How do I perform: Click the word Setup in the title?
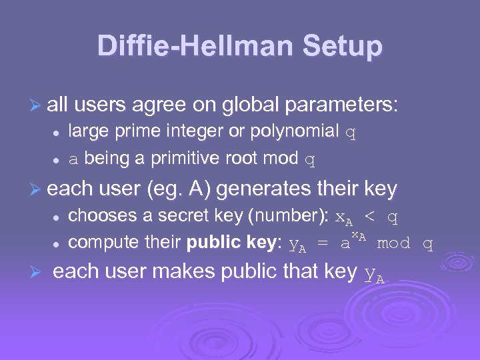click(343, 47)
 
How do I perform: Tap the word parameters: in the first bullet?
click(341, 105)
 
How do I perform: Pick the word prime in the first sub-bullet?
click(132, 132)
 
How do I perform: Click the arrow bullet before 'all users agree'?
click(38, 105)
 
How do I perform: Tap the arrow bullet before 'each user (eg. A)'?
click(38, 189)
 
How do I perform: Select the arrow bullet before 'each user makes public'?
click(38, 273)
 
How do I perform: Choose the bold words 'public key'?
click(231, 243)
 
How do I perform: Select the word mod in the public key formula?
click(393, 244)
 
